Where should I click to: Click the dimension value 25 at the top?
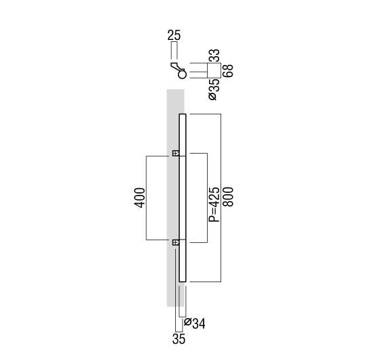pos(174,35)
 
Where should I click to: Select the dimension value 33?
pos(214,55)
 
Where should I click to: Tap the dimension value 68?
pos(228,70)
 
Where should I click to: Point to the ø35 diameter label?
pos(214,90)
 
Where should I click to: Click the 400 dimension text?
pos(139,198)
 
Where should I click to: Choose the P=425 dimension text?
pos(214,204)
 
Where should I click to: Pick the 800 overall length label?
pos(228,197)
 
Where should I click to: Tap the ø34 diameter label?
pos(195,323)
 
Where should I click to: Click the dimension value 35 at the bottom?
pos(179,339)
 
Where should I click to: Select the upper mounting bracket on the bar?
pos(176,154)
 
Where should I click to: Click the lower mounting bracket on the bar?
pos(176,242)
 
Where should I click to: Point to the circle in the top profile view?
pos(182,74)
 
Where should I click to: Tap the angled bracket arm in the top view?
pos(177,67)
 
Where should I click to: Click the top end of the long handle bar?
pos(183,114)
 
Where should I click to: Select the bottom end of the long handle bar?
pos(183,281)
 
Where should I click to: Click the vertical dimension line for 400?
pos(146,198)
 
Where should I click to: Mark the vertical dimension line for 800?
pos(221,198)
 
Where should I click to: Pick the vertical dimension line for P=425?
pos(207,198)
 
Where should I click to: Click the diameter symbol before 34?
pos(187,321)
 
